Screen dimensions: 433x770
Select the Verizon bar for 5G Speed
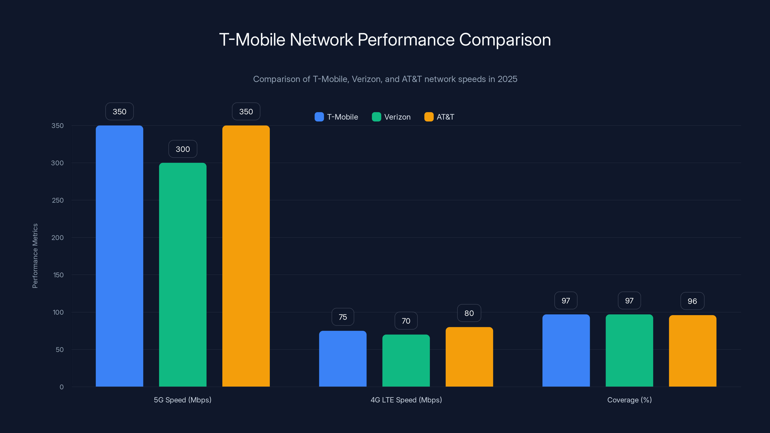(x=183, y=275)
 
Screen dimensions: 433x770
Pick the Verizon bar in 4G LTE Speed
(x=406, y=360)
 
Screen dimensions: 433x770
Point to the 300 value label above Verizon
(x=183, y=149)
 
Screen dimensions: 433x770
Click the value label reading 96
(x=692, y=301)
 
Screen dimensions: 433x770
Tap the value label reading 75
(x=343, y=317)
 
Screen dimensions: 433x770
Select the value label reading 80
(x=469, y=313)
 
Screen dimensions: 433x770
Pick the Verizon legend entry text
(x=397, y=117)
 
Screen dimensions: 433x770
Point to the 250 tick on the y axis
(x=58, y=200)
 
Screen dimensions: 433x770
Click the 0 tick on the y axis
(x=62, y=387)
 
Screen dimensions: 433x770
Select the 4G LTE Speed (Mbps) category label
(x=406, y=400)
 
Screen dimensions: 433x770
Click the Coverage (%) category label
(x=629, y=400)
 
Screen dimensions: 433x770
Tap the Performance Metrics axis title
(x=35, y=256)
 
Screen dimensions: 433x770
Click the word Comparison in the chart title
(x=505, y=40)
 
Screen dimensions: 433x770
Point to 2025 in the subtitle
(x=507, y=79)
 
